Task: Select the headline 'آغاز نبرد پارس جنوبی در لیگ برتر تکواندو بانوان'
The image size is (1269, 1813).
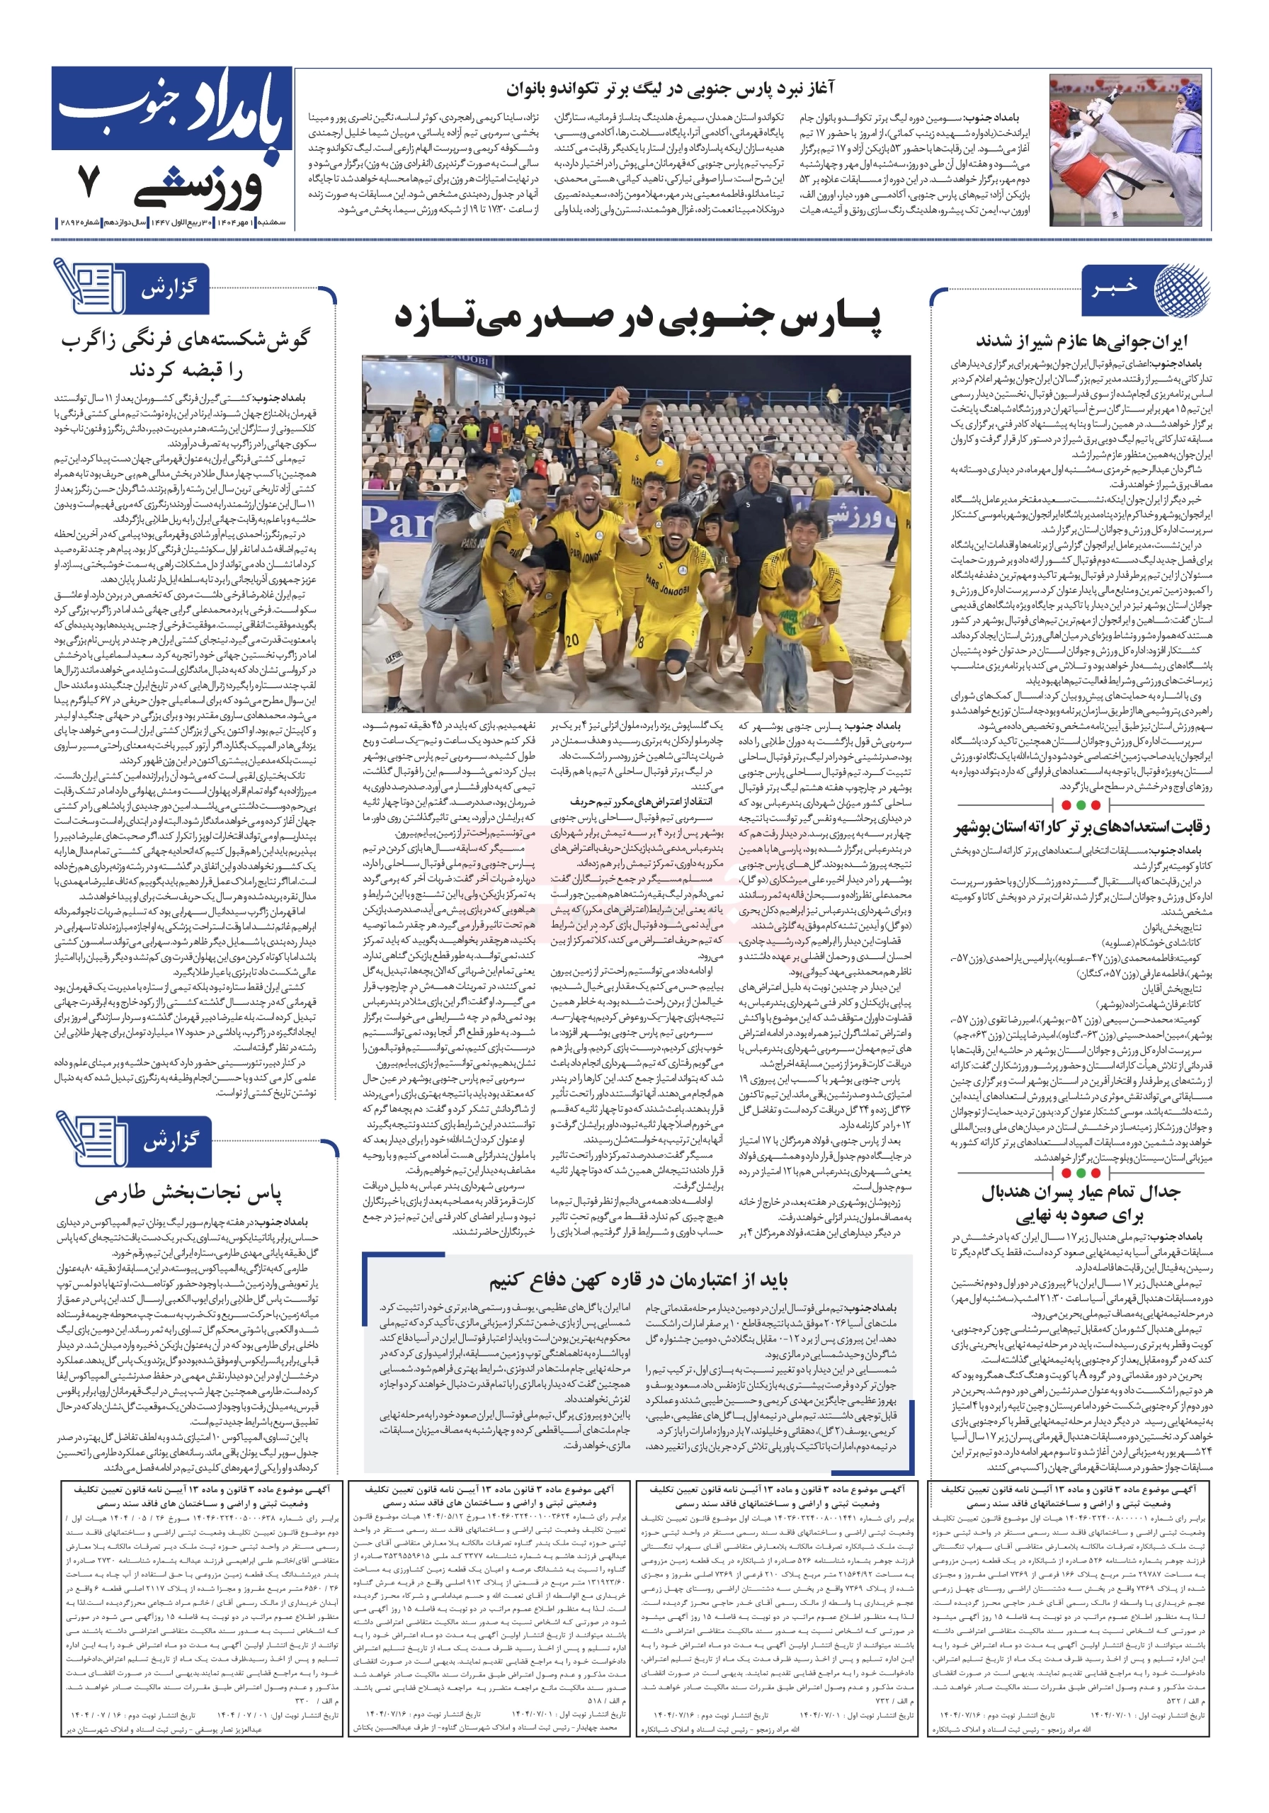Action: [x=670, y=89]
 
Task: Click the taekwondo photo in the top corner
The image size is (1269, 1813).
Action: [x=1129, y=151]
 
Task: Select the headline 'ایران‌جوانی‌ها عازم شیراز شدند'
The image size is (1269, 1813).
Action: [x=1081, y=341]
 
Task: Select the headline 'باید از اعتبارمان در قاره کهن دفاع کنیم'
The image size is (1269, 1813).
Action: [x=637, y=1279]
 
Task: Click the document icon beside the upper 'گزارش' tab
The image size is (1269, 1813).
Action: [x=88, y=288]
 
